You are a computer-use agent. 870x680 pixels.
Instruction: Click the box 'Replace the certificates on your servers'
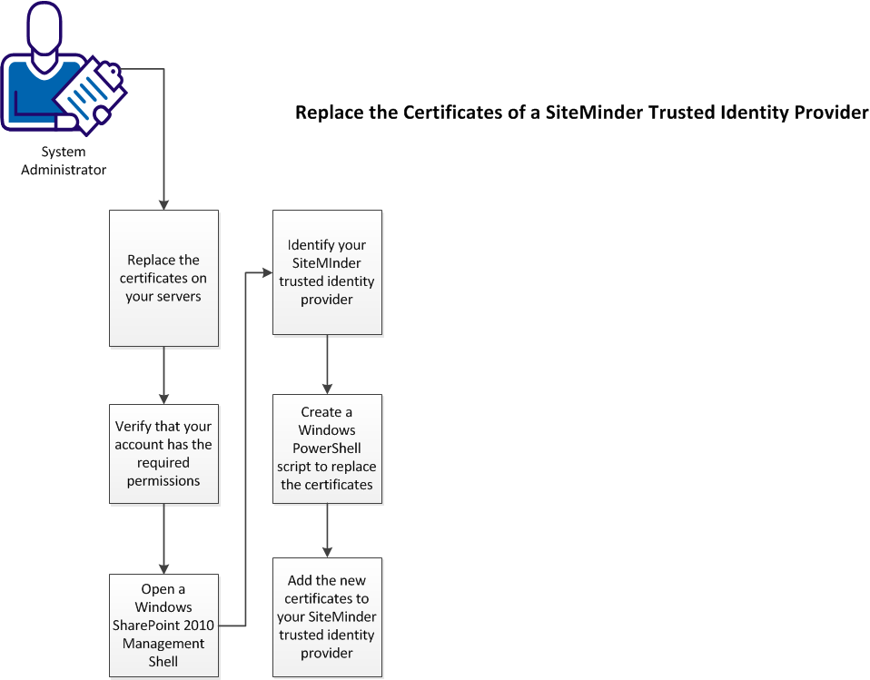pyautogui.click(x=163, y=278)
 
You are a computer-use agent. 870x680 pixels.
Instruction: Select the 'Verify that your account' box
pyautogui.click(x=163, y=453)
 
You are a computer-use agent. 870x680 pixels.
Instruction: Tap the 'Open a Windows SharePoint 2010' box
pyautogui.click(x=163, y=625)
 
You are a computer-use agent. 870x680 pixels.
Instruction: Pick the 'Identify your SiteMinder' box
pyautogui.click(x=327, y=272)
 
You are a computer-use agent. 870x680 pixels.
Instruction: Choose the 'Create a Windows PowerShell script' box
pyautogui.click(x=327, y=448)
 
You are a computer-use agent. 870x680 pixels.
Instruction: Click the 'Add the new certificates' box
pyautogui.click(x=327, y=616)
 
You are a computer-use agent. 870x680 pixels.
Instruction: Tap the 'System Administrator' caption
pyautogui.click(x=64, y=161)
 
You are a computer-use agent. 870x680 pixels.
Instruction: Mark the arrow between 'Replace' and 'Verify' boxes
pyautogui.click(x=163, y=375)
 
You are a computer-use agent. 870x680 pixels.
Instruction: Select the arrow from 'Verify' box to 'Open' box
pyautogui.click(x=163, y=538)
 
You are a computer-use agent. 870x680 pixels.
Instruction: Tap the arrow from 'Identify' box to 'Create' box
pyautogui.click(x=327, y=364)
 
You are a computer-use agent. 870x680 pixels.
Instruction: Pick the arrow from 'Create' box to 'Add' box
pyautogui.click(x=327, y=530)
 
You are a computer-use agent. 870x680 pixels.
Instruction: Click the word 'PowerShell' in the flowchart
pyautogui.click(x=327, y=448)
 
